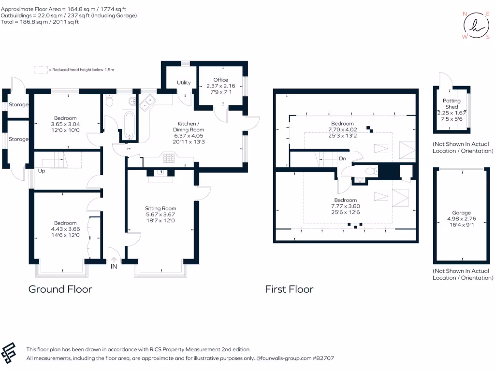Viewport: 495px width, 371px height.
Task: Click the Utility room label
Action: click(x=184, y=83)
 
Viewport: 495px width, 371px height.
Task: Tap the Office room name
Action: click(x=220, y=80)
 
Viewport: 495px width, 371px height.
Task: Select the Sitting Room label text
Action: click(x=160, y=208)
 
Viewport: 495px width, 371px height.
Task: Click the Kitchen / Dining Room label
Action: click(x=189, y=127)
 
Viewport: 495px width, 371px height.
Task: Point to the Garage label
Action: click(x=461, y=213)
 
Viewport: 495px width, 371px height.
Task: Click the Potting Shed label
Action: click(x=451, y=103)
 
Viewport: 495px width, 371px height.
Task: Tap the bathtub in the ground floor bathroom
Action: click(x=130, y=125)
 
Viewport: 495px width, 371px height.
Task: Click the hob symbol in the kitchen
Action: click(x=169, y=158)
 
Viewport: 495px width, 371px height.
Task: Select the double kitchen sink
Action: click(x=147, y=102)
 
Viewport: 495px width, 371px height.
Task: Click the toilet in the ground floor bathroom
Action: click(x=109, y=100)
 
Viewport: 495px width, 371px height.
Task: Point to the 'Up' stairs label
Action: click(x=42, y=171)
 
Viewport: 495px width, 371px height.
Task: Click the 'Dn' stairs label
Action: click(x=342, y=158)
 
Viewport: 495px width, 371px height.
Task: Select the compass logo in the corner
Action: click(x=476, y=25)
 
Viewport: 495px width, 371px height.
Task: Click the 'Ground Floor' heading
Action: click(x=60, y=289)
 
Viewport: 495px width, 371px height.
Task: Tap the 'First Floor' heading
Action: click(x=289, y=289)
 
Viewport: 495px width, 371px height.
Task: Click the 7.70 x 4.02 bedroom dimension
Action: click(x=343, y=129)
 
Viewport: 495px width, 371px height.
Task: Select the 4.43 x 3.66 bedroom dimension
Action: click(x=65, y=229)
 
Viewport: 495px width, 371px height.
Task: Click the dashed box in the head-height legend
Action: click(x=41, y=70)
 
